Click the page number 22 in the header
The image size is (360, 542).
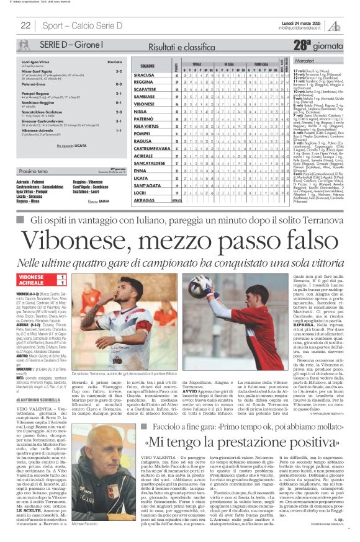[25, 25]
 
